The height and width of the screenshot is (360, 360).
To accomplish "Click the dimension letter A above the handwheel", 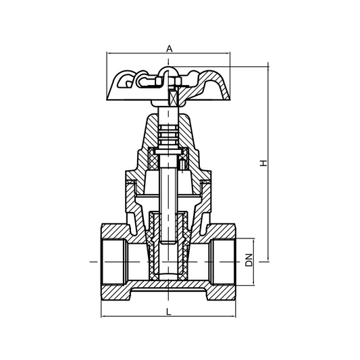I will [x=170, y=48].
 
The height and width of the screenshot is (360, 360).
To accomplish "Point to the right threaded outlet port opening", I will [x=222, y=259].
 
